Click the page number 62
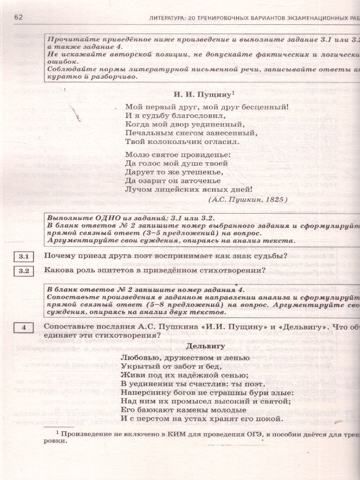tap(19, 17)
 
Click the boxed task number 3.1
tap(24, 256)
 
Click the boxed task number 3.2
tap(24, 271)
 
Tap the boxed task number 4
tap(24, 328)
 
